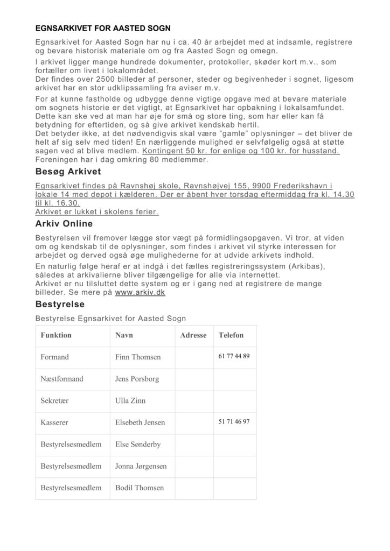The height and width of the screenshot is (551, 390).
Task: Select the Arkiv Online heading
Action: (x=64, y=223)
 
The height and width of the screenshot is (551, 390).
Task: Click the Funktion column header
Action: (x=56, y=335)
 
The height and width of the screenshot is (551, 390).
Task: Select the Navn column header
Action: (x=124, y=335)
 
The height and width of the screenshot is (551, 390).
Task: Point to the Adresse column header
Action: (x=193, y=335)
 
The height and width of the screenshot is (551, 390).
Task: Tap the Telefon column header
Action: (x=231, y=335)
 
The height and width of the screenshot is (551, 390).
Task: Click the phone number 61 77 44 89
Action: (x=234, y=356)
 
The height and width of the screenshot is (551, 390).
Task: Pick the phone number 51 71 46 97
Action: (x=234, y=422)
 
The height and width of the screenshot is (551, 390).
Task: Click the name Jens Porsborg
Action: (x=137, y=379)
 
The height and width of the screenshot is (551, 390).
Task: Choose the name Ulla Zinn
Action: (x=130, y=401)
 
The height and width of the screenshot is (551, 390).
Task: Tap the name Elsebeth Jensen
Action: (x=140, y=423)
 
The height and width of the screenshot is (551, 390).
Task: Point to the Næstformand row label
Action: (x=62, y=379)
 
